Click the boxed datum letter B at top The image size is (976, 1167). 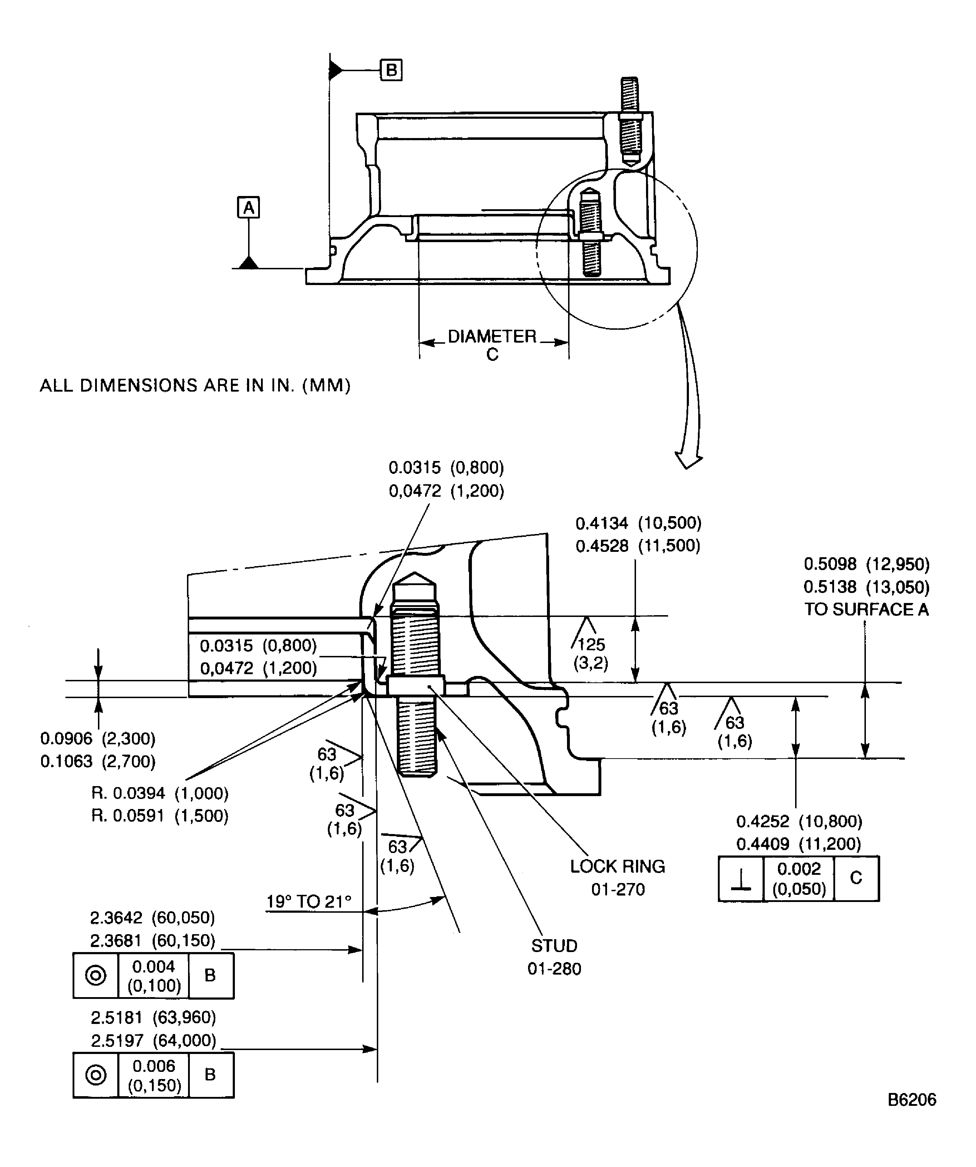[x=391, y=70]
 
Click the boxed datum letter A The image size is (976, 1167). [x=248, y=208]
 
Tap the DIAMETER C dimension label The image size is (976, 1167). [x=492, y=344]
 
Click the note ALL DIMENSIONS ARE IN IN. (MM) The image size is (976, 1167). [x=195, y=386]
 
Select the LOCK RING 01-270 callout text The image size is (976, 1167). [x=617, y=877]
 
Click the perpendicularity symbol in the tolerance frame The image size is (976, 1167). [x=741, y=879]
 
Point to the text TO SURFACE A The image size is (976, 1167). [x=866, y=610]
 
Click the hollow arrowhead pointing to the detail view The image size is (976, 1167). [x=688, y=460]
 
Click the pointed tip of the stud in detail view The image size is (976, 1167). [x=414, y=574]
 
